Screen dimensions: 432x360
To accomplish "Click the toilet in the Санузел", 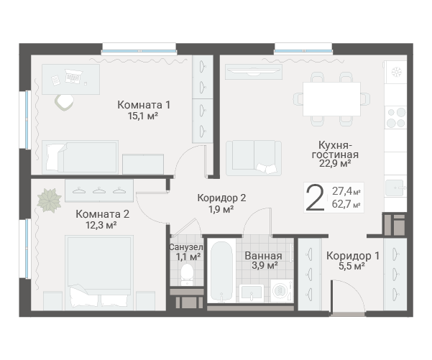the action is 188,274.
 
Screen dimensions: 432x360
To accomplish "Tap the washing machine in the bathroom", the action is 282,290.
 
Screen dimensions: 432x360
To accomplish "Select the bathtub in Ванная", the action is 221,272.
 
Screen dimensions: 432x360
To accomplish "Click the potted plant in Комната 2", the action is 50,200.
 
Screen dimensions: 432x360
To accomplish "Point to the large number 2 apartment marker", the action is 315,198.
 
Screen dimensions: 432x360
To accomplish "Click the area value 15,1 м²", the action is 143,116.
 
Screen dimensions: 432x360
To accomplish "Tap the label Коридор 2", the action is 221,198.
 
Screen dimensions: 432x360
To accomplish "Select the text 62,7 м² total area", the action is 346,204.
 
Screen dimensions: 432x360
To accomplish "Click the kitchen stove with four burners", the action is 396,118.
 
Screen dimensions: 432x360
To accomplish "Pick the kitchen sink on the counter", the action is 395,188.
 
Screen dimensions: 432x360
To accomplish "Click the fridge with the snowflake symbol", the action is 396,72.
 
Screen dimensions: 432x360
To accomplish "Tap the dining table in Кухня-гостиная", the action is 331,99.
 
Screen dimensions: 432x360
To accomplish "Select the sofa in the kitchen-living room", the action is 254,158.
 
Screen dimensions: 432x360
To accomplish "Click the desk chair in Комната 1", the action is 65,102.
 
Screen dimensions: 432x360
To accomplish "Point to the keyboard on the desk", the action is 73,75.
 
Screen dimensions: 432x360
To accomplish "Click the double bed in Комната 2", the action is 99,272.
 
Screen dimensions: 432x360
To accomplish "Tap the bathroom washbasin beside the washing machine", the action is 252,292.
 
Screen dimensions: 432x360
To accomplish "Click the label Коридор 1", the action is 353,256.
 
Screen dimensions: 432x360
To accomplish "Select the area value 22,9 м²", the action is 335,163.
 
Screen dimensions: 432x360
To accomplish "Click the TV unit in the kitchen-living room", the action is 254,72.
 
